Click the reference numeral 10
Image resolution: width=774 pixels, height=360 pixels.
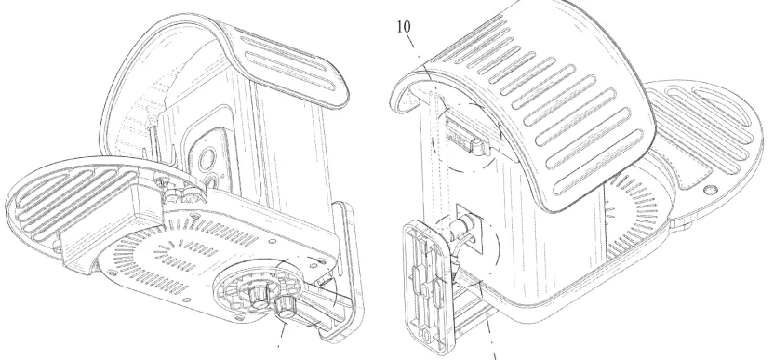[404, 27]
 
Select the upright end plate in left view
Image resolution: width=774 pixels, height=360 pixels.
[341, 273]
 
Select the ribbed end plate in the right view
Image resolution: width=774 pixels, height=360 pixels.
[426, 287]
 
